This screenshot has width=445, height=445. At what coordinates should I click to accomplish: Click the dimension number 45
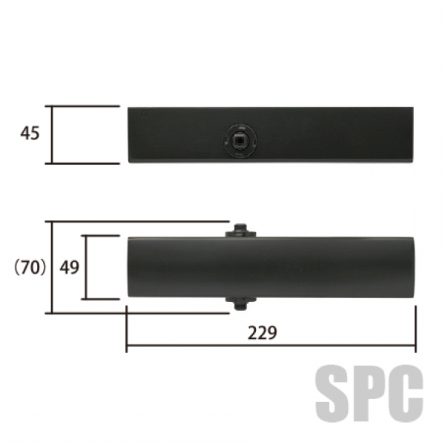coord(30,133)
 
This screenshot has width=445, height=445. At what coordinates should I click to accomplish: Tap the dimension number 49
coord(69,267)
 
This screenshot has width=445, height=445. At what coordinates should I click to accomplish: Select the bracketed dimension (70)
coord(30,267)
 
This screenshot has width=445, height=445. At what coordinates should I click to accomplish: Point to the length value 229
coord(263,333)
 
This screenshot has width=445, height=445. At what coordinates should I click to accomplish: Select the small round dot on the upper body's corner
coord(144,113)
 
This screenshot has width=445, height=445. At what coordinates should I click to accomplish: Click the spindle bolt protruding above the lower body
coord(240,231)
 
